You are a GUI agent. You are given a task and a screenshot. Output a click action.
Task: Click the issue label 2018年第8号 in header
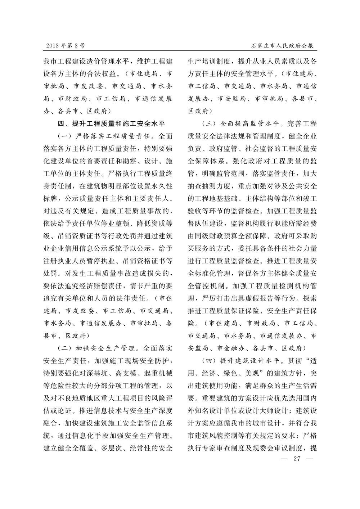tap(66, 46)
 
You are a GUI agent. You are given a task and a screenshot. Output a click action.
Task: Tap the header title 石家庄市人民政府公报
tap(282, 46)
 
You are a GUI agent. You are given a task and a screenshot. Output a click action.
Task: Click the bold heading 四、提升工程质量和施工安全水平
tap(112, 124)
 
